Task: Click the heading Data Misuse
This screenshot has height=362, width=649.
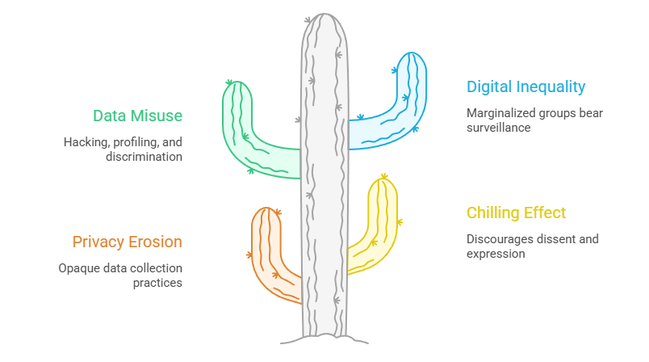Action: pyautogui.click(x=137, y=116)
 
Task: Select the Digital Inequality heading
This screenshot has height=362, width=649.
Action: pyautogui.click(x=525, y=86)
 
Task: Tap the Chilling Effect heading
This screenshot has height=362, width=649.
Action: pyautogui.click(x=516, y=213)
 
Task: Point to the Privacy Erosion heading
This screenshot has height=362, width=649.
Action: pyautogui.click(x=127, y=242)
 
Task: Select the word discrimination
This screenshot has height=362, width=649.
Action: pyautogui.click(x=144, y=156)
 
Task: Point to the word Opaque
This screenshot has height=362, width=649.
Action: pyautogui.click(x=77, y=268)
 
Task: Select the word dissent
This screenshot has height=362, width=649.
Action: pyautogui.click(x=559, y=239)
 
